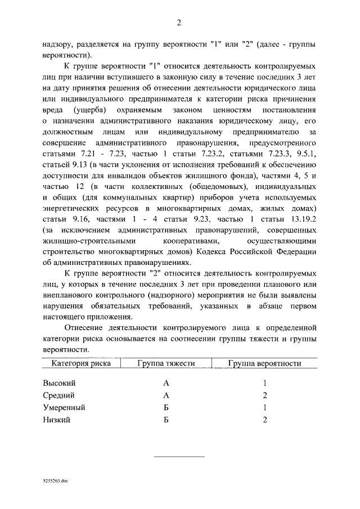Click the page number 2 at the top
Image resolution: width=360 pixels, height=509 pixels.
tap(179, 23)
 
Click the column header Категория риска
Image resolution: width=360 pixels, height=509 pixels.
tap(81, 363)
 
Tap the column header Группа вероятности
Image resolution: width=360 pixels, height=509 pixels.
tap(264, 363)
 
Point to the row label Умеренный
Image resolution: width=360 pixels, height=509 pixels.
tap(64, 407)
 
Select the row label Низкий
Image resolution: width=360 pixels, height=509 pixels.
tap(56, 420)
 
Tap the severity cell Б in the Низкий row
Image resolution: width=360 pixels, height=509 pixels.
tap(166, 420)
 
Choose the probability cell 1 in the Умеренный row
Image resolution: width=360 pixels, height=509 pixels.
tap(264, 407)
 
